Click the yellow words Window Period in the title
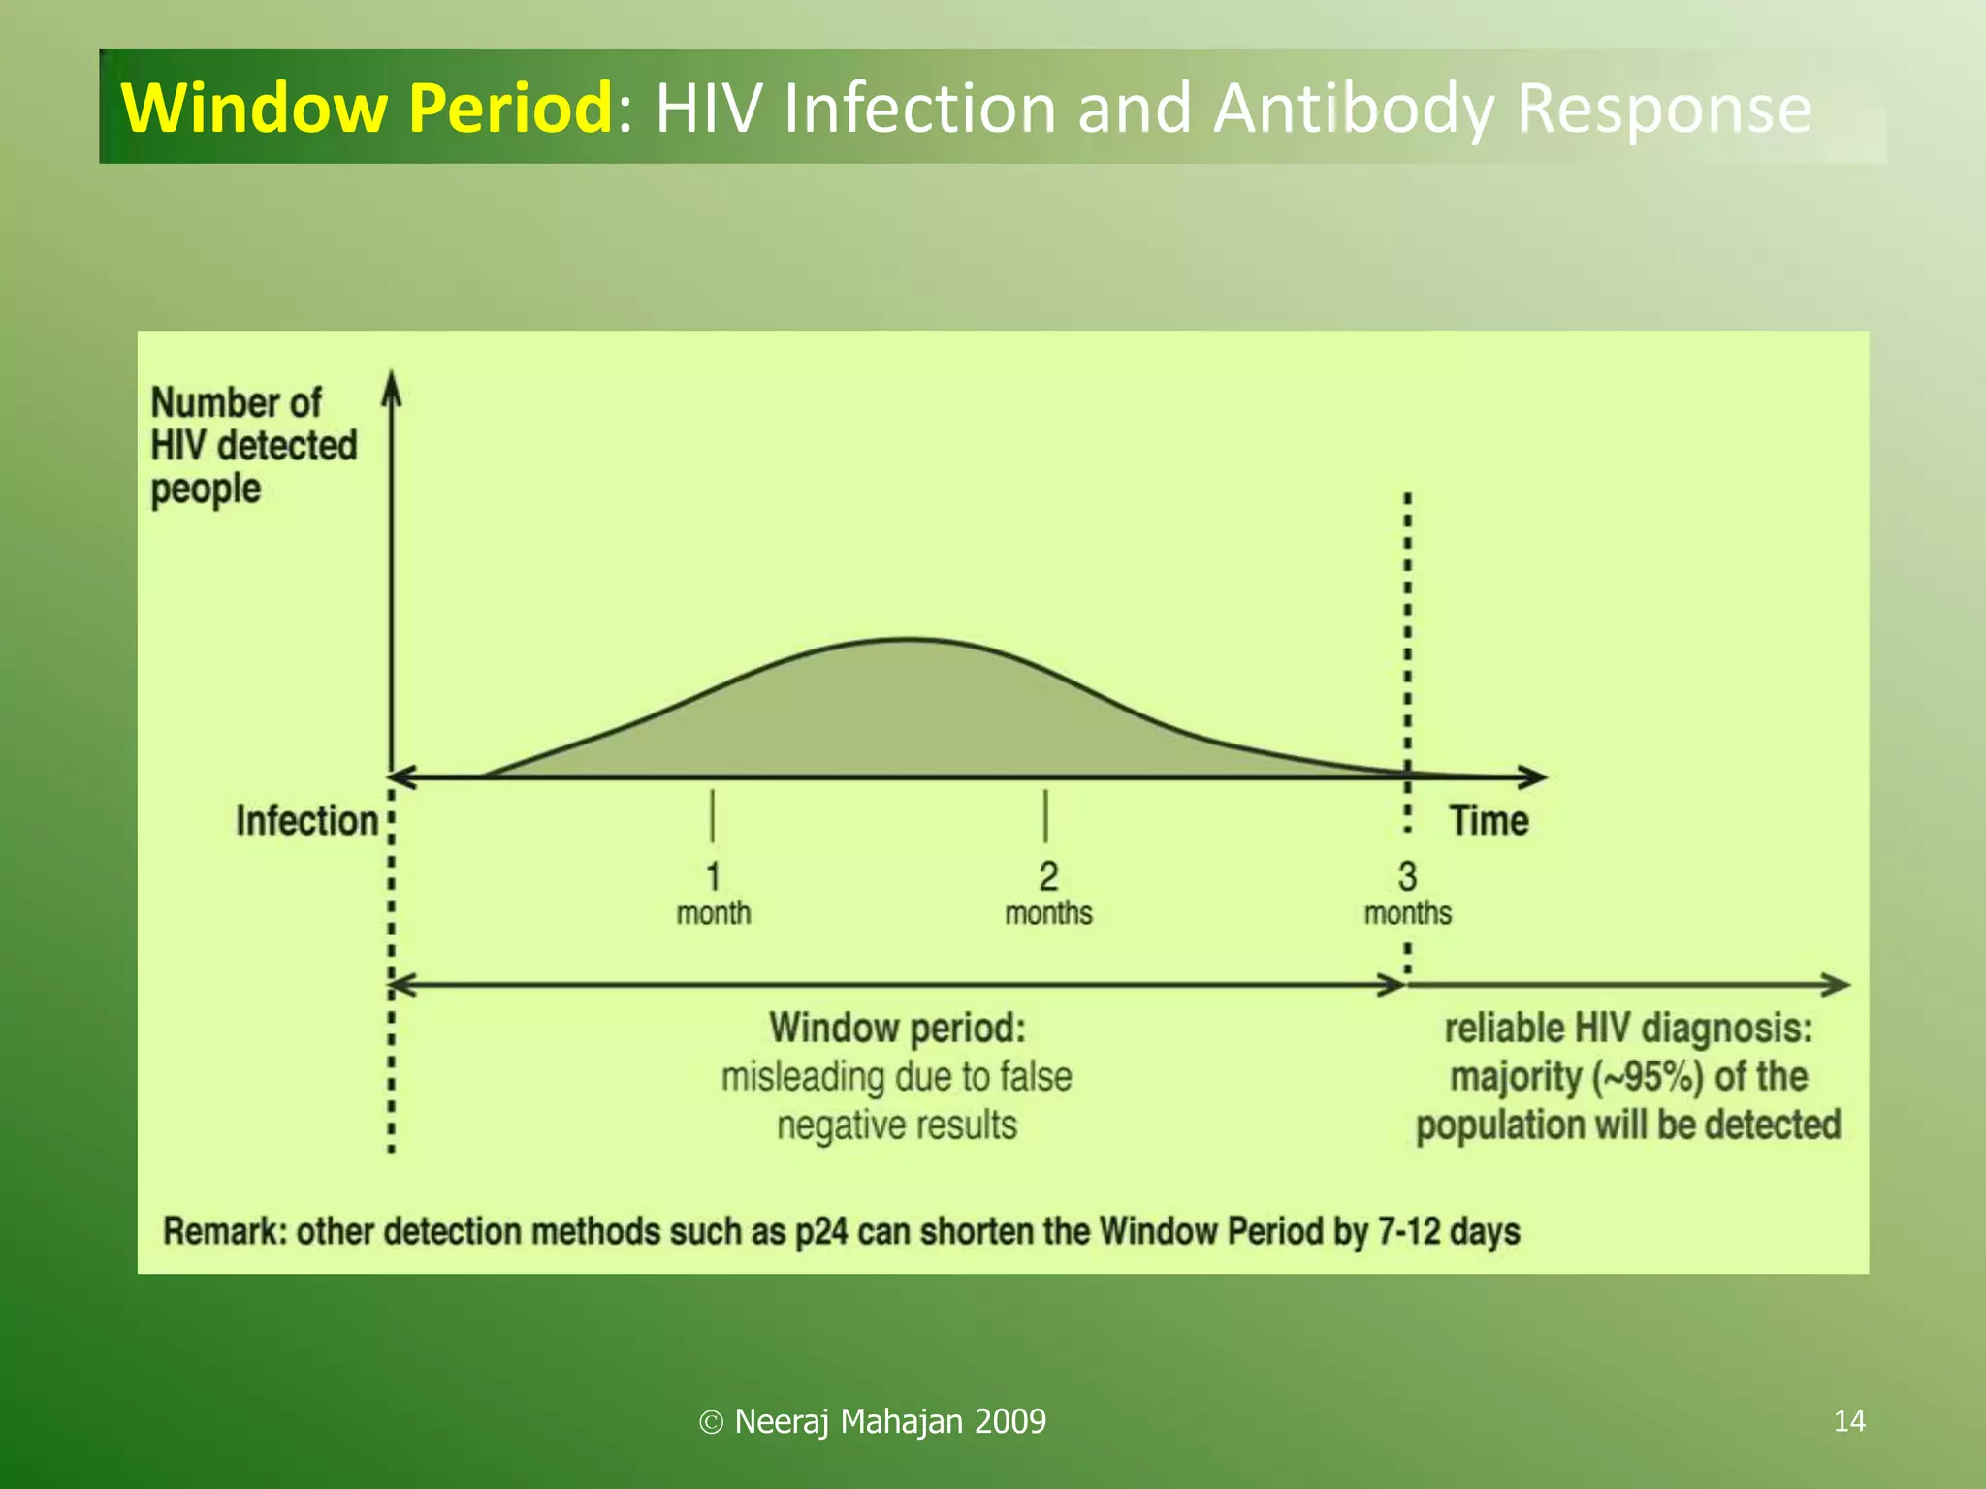point(367,108)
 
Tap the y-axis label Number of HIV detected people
point(254,445)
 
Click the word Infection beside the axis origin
point(306,821)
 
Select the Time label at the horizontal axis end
point(1489,821)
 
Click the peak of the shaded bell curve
point(910,641)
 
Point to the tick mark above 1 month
point(713,816)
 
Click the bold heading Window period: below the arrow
point(897,1029)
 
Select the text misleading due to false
point(896,1077)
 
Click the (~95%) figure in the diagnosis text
point(1648,1077)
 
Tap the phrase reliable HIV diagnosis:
point(1628,1029)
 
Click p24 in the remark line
point(821,1232)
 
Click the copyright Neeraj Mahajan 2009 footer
point(873,1421)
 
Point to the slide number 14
point(1849,1421)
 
